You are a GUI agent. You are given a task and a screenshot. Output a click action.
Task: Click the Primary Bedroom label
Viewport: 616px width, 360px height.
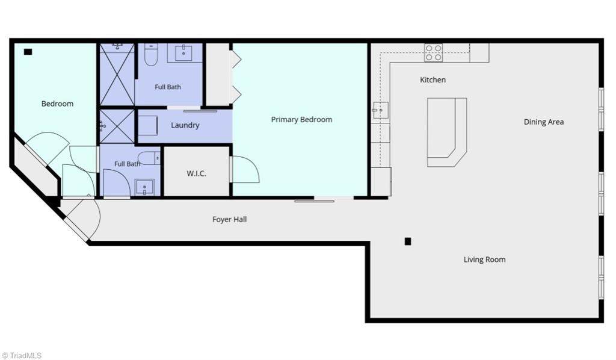[301, 119]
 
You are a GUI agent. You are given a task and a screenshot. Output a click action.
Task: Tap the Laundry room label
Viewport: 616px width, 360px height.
[185, 125]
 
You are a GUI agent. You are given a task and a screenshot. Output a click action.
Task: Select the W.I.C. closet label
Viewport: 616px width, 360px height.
[196, 173]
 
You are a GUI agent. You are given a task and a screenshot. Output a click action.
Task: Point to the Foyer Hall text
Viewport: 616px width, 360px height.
[229, 219]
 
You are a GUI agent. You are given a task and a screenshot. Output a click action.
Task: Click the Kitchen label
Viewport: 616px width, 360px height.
[433, 80]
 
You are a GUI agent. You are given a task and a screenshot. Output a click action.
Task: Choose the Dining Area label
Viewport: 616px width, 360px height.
[543, 122]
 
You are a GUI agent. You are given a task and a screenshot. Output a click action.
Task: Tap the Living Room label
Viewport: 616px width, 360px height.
[484, 259]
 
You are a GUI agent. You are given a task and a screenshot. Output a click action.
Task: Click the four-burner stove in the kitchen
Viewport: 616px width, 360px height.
[433, 52]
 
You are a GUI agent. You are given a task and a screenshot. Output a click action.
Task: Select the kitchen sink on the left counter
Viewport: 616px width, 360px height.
[380, 110]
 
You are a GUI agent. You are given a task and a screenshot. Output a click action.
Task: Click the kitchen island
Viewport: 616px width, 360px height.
[447, 132]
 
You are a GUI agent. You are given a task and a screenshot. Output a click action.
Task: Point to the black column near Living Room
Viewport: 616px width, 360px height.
[408, 241]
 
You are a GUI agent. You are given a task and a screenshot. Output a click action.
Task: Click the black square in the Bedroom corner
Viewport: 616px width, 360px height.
[28, 52]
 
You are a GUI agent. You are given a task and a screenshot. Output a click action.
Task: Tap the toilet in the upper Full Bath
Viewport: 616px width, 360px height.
[151, 55]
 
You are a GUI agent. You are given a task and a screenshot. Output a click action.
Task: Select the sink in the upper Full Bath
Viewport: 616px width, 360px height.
[183, 52]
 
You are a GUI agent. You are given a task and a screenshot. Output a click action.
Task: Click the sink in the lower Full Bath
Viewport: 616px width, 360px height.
[144, 187]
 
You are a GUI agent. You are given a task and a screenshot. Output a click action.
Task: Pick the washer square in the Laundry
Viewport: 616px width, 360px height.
[148, 125]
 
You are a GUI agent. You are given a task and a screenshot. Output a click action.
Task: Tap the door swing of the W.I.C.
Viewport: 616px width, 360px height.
[245, 169]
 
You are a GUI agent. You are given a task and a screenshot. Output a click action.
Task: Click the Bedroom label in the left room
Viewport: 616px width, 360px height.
[57, 104]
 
